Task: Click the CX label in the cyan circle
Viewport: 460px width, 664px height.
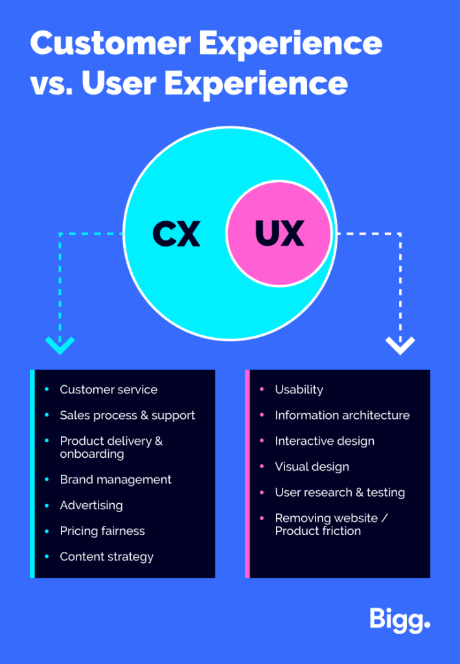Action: [x=176, y=233]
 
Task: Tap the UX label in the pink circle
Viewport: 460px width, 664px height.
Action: [x=280, y=233]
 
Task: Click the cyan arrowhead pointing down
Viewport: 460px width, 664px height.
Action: [x=60, y=344]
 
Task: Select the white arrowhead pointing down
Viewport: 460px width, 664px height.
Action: [x=400, y=344]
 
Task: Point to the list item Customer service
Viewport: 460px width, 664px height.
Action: [x=108, y=390]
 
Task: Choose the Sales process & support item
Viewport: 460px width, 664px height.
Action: [x=127, y=416]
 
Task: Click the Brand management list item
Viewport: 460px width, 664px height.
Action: [x=115, y=480]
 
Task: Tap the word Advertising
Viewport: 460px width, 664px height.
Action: [x=91, y=505]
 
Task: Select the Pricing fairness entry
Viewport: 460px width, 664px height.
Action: [x=102, y=531]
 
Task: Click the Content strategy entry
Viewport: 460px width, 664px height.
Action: [x=107, y=557]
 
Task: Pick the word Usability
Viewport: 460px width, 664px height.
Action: [x=299, y=390]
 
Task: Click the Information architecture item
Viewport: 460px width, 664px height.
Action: [x=342, y=416]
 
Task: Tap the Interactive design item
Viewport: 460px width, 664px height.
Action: [x=325, y=441]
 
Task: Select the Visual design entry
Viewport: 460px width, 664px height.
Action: [x=312, y=467]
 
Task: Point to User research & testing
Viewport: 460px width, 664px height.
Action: [x=339, y=493]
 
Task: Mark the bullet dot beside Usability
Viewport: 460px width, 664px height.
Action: [x=262, y=390]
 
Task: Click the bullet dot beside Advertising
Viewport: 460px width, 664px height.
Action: [x=47, y=505]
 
